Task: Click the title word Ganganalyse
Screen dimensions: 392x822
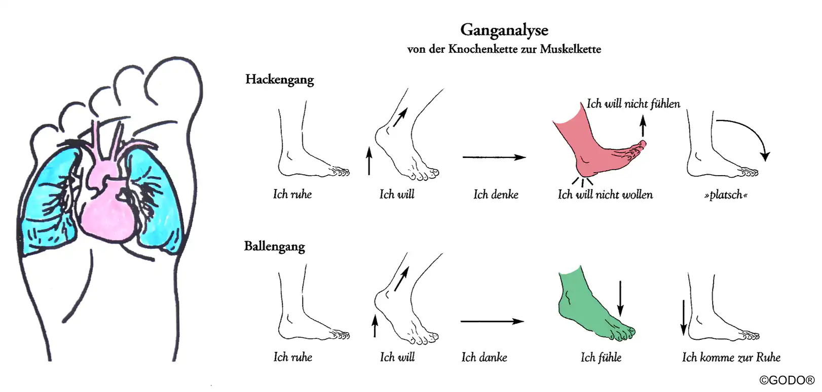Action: (504, 30)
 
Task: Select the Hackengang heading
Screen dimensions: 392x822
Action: (279, 80)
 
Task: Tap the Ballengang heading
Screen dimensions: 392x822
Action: (274, 247)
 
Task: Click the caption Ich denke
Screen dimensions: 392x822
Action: (496, 194)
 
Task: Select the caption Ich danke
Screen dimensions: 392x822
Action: (484, 358)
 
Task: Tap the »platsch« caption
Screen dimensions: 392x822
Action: (726, 195)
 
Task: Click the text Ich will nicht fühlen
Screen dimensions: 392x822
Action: (633, 104)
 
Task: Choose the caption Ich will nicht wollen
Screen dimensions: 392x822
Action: (605, 195)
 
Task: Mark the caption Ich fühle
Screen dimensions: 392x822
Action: (601, 358)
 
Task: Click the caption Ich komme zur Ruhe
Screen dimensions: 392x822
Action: (731, 358)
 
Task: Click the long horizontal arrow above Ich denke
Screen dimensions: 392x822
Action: (494, 158)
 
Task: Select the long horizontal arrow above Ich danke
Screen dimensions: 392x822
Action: (492, 321)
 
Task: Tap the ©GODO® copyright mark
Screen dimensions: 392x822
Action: (787, 380)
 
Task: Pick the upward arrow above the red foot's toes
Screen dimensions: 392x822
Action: (643, 126)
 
